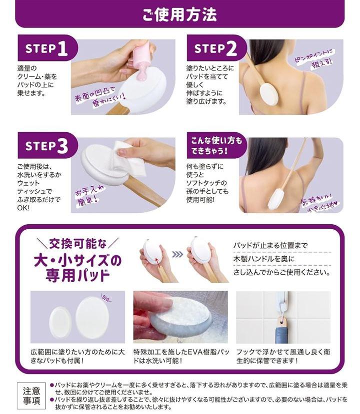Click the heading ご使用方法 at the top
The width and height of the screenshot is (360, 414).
tap(179, 14)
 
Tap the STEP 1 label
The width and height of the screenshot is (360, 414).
tap(46, 48)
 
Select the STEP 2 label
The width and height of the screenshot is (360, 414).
tap(215, 48)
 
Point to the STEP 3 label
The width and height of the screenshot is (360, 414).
tap(46, 146)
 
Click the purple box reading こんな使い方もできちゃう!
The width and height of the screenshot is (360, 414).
tap(216, 145)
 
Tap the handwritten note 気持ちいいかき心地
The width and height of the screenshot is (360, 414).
tap(320, 203)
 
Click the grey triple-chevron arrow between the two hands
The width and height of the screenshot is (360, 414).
tap(177, 254)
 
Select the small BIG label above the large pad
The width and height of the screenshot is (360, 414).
tap(107, 299)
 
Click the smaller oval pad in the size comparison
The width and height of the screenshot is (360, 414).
tap(60, 322)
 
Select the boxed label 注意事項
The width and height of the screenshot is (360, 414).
tap(31, 396)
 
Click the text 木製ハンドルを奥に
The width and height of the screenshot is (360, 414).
tap(264, 259)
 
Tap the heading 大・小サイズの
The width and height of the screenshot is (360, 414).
tap(77, 260)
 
